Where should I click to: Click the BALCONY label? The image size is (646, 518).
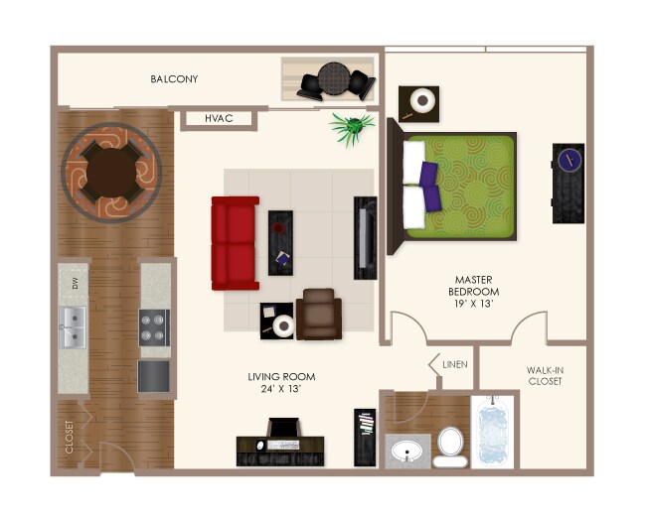(174, 79)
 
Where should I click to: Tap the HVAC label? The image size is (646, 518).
(219, 119)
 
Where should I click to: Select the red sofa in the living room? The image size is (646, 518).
(235, 242)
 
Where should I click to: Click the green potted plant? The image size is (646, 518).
(353, 127)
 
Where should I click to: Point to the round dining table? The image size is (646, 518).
(111, 171)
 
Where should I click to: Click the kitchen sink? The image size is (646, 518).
(73, 327)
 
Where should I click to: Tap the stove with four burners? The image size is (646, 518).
(155, 327)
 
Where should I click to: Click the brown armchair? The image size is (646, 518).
(319, 315)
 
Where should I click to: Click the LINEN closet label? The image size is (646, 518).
(455, 365)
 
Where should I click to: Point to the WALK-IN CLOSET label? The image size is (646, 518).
(544, 376)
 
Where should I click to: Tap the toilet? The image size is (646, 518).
(450, 446)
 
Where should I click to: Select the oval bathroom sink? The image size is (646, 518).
(405, 453)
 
